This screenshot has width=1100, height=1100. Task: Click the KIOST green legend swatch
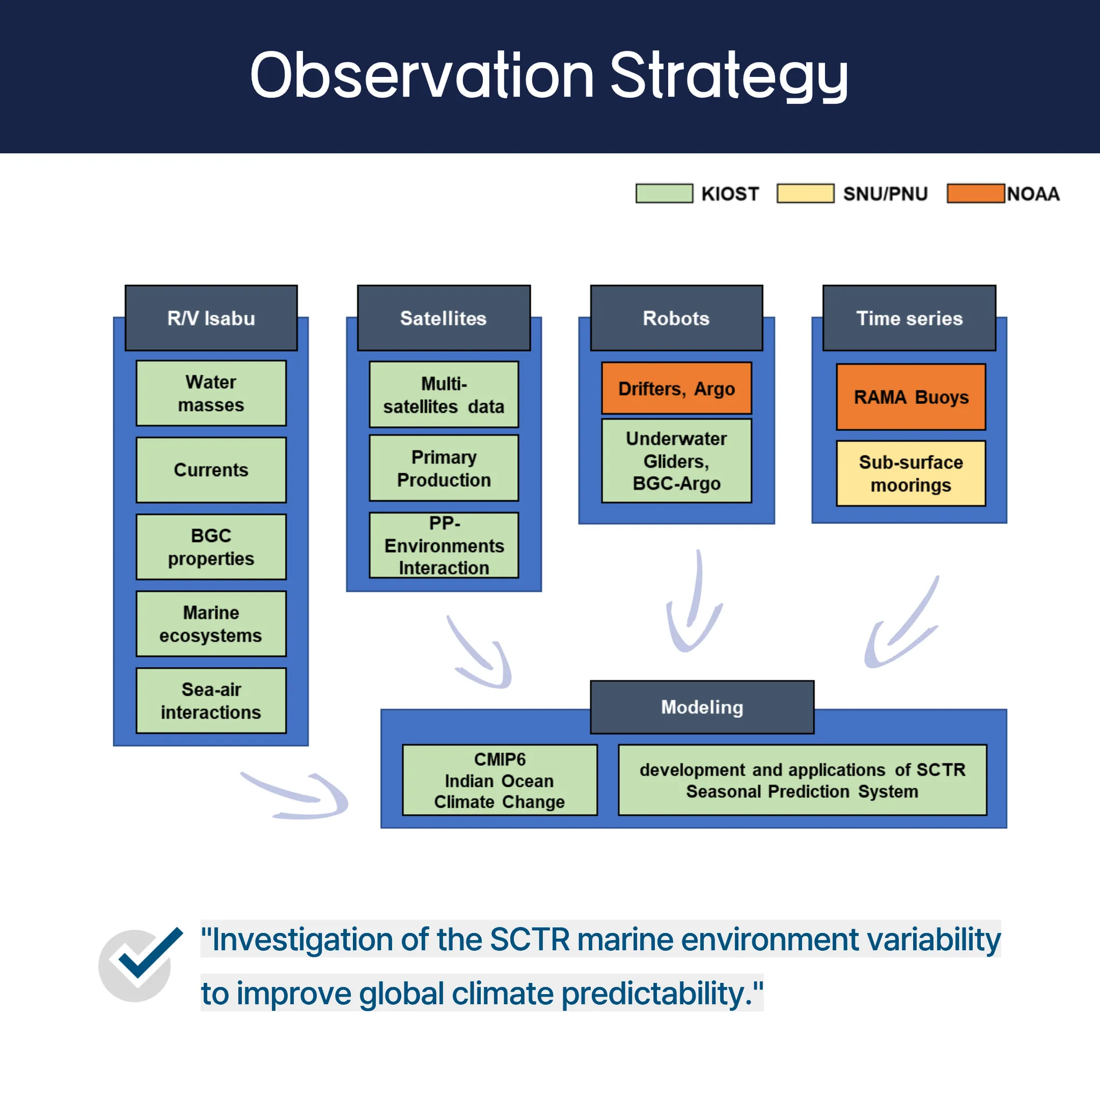(x=664, y=193)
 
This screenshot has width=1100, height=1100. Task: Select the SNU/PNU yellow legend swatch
(x=805, y=193)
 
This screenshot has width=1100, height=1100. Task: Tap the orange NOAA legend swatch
(x=975, y=193)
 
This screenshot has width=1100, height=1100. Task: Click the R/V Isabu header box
(x=211, y=318)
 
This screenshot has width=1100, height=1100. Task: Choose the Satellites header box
(x=444, y=318)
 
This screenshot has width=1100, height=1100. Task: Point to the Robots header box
(x=676, y=318)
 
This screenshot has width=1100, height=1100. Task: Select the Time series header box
(x=909, y=318)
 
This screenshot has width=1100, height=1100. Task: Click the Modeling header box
(x=702, y=707)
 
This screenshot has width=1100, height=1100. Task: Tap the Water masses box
(x=211, y=393)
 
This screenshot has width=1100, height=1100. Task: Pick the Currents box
(x=211, y=470)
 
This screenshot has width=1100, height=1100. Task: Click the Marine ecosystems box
(x=211, y=624)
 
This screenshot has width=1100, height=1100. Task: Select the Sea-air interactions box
(x=211, y=700)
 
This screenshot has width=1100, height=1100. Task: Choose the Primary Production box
(x=444, y=468)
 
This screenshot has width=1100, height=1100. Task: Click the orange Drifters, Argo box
(x=676, y=388)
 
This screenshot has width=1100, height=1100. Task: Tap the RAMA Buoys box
(x=911, y=397)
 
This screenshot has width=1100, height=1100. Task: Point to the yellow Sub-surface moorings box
(x=911, y=473)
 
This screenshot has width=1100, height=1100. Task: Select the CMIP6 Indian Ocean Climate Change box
(x=500, y=780)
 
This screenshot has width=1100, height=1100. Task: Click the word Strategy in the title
(x=729, y=76)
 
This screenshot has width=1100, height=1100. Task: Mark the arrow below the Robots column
(x=694, y=604)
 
